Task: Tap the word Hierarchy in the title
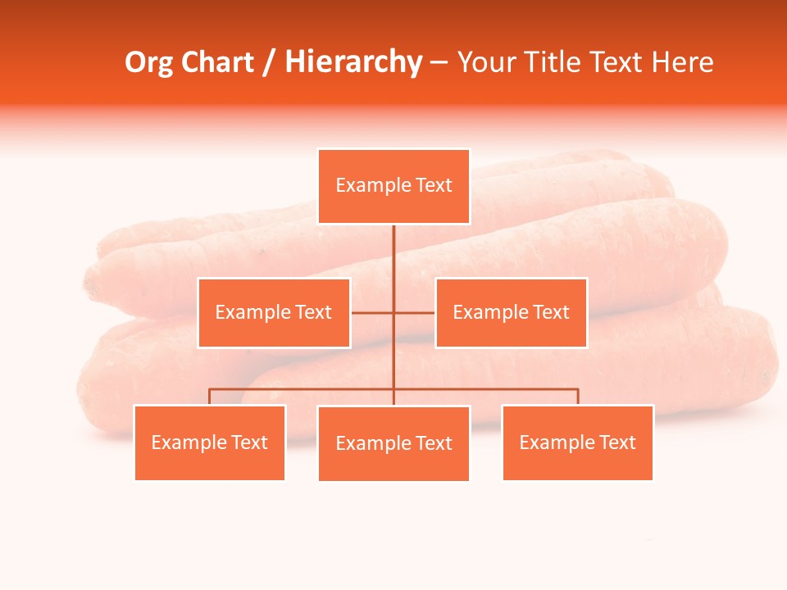[353, 62]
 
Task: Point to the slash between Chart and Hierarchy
[269, 62]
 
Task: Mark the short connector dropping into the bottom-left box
[210, 397]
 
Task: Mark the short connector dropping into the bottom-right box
[577, 397]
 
